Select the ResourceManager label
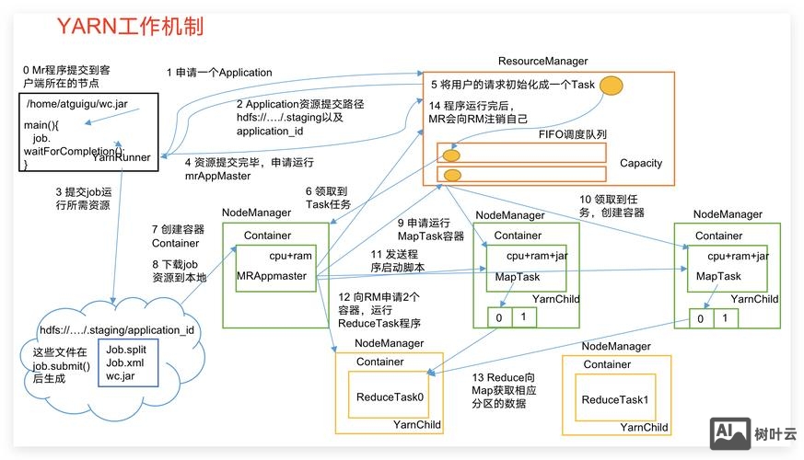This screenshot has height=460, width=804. coord(542,61)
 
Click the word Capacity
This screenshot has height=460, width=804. coord(641,163)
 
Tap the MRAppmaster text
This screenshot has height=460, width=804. coord(271,275)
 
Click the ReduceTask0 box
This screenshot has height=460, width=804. coord(390,397)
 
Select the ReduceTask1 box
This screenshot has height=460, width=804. coord(615,400)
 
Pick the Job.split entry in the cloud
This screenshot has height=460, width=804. coord(126,351)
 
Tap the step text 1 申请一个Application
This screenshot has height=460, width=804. coord(219,73)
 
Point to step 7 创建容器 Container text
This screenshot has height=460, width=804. coord(178,236)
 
